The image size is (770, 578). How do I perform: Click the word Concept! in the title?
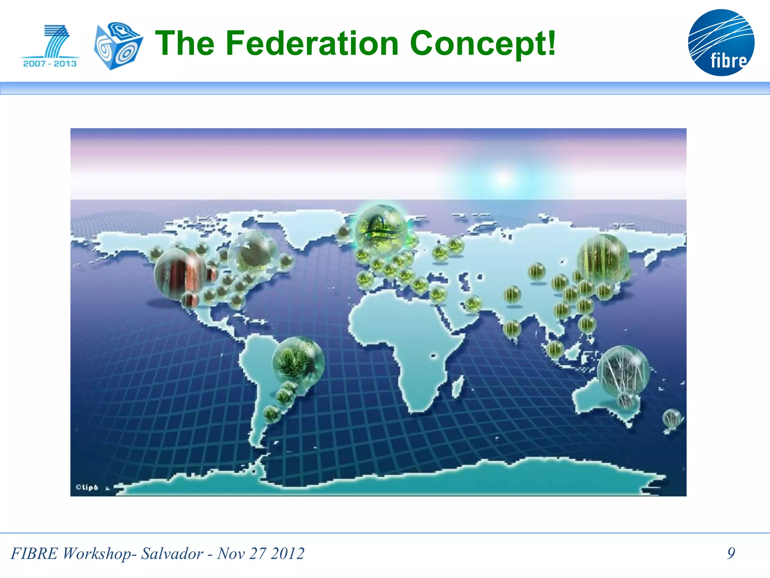pyautogui.click(x=482, y=44)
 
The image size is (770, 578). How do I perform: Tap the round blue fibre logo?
pyautogui.click(x=721, y=43)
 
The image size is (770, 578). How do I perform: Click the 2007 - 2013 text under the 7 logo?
pyautogui.click(x=50, y=64)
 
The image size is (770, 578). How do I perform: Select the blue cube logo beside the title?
pyautogui.click(x=118, y=46)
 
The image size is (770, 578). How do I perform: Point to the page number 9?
pyautogui.click(x=731, y=553)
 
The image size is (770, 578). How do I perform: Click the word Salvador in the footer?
pyautogui.click(x=172, y=554)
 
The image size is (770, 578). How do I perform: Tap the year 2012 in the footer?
pyautogui.click(x=288, y=554)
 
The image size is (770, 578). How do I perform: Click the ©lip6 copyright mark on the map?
pyautogui.click(x=87, y=487)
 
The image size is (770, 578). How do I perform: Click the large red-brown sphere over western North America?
pyautogui.click(x=180, y=274)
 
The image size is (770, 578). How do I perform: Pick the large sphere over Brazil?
pyautogui.click(x=298, y=362)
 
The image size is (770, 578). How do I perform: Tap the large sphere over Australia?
pyautogui.click(x=623, y=370)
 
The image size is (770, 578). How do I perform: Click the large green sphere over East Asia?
pyautogui.click(x=603, y=259)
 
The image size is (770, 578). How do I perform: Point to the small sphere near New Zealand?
pyautogui.click(x=671, y=418)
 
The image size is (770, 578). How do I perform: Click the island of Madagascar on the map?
pyautogui.click(x=457, y=388)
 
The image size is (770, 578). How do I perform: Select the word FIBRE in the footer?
pyautogui.click(x=34, y=554)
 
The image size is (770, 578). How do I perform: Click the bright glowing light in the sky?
pyautogui.click(x=504, y=178)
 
